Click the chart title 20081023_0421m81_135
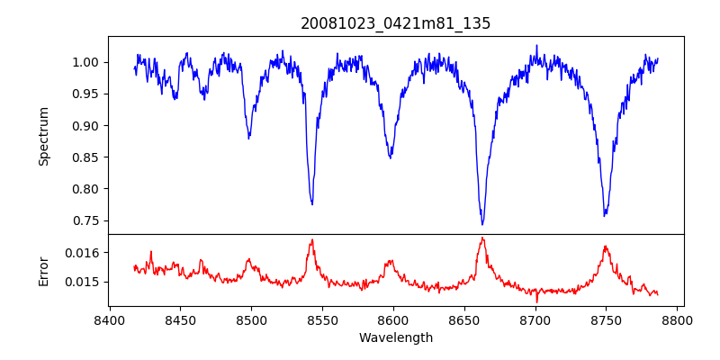tap(395, 23)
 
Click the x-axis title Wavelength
tap(395, 338)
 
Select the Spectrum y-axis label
tap(43, 136)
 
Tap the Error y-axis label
tap(43, 270)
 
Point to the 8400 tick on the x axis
tap(109, 319)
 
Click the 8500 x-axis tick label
tap(251, 319)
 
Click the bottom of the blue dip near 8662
tap(482, 224)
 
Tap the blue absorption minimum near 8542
tap(312, 204)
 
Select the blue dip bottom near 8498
tap(249, 138)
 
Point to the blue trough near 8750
tap(605, 216)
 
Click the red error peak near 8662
tap(482, 238)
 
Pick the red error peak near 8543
tap(312, 239)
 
